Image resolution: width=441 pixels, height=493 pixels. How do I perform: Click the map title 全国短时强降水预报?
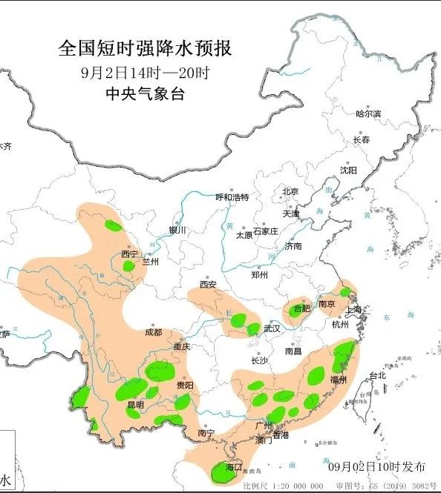145,49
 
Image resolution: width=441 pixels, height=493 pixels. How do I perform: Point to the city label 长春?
361,139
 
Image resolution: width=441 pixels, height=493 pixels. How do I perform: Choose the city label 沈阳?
348,170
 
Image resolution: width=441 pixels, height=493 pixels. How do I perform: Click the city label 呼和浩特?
232,197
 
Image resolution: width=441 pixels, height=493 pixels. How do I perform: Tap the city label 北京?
290,192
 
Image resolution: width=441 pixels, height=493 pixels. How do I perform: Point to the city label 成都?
154,333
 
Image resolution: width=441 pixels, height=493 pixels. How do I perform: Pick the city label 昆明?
135,405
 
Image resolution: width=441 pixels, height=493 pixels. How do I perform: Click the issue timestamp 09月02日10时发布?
378,467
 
